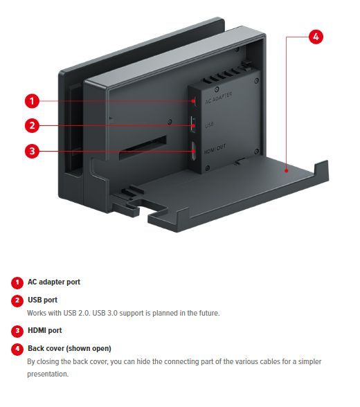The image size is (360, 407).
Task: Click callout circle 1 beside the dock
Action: [x=32, y=101]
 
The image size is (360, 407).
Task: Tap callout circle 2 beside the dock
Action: [x=32, y=126]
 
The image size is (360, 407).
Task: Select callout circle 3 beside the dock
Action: [x=32, y=151]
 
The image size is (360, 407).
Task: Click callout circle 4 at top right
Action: [x=316, y=37]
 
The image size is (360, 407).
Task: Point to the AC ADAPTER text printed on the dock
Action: [x=218, y=98]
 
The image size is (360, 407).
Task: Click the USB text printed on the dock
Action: [x=209, y=125]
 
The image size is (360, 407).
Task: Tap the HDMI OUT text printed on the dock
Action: [x=215, y=150]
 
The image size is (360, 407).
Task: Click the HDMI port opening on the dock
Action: [x=193, y=151]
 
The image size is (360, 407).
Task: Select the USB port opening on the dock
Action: [x=193, y=125]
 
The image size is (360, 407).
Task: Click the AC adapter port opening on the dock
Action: [x=194, y=101]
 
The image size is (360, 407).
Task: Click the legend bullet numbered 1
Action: [x=17, y=282]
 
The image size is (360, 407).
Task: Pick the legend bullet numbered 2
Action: [x=17, y=300]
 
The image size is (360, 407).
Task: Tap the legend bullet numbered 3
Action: [x=17, y=331]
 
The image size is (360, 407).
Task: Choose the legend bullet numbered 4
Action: [x=17, y=349]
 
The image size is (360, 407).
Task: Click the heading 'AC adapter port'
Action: [x=54, y=282]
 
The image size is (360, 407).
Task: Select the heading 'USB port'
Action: [x=42, y=300]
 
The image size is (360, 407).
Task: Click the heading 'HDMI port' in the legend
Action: [x=45, y=330]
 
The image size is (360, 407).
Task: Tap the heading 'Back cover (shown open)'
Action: [x=69, y=348]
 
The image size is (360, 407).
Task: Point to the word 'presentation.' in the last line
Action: [x=48, y=374]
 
